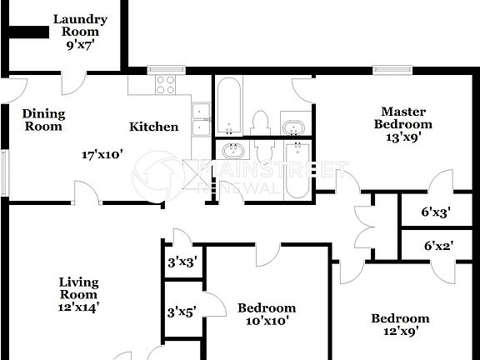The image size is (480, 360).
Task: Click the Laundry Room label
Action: [x=81, y=26]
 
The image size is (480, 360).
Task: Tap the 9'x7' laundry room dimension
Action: [x=81, y=46]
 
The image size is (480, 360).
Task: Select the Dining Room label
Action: [x=42, y=120]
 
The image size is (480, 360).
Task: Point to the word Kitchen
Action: [x=153, y=127]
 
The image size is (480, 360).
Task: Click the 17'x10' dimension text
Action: [x=102, y=154]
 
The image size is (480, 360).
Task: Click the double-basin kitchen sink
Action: [x=200, y=119]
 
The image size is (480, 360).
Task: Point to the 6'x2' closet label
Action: [x=437, y=246]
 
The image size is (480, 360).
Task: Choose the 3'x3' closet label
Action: [x=182, y=262]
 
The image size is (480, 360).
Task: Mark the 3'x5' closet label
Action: [x=182, y=312]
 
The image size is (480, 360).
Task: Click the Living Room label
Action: [x=79, y=287]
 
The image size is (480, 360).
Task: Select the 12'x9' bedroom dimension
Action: [x=400, y=332]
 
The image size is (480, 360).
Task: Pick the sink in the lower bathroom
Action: [x=232, y=152]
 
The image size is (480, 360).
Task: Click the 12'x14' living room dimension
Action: [x=79, y=307]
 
